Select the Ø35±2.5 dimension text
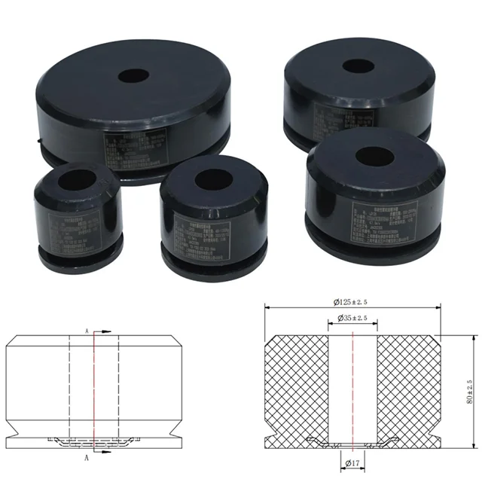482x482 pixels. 353,319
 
